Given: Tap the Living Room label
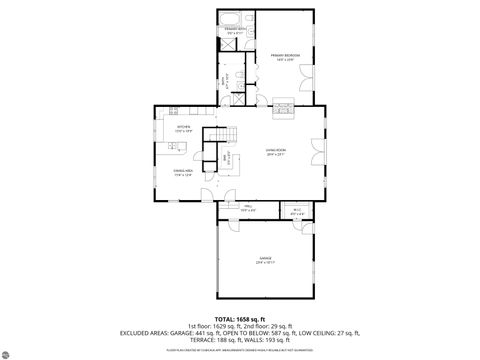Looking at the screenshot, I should [277, 152].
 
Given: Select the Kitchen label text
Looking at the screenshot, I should [184, 129].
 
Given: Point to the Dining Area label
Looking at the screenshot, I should [182, 173].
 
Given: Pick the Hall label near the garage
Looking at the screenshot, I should [248, 209].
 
